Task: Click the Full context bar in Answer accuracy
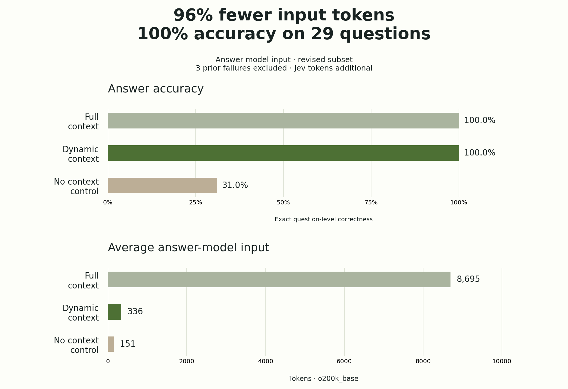[283, 121]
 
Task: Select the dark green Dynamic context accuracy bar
[283, 153]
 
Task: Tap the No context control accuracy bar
[162, 185]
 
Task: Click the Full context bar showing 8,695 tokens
[279, 279]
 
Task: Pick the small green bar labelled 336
[115, 312]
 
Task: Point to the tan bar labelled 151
[111, 344]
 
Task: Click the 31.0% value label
[235, 185]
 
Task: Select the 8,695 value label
[468, 279]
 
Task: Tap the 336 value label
[135, 312]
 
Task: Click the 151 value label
[128, 344]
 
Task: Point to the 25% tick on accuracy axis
[196, 203]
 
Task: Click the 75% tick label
[371, 203]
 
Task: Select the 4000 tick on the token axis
[266, 361]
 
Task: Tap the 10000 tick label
[502, 361]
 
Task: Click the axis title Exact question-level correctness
[324, 219]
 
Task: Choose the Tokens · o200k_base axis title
[324, 379]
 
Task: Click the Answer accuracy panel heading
[156, 89]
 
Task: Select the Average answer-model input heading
[188, 248]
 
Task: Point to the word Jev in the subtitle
[301, 68]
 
